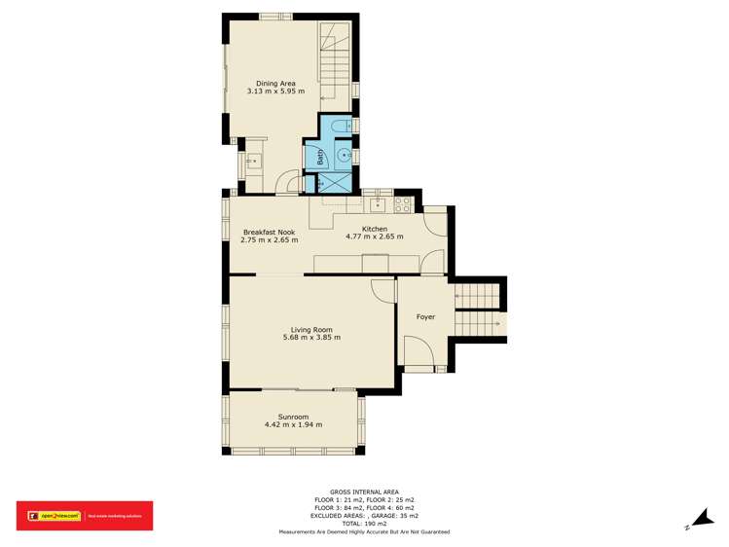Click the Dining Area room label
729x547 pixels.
[275, 83]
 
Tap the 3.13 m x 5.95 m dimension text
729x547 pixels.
[275, 91]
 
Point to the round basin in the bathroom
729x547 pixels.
[343, 154]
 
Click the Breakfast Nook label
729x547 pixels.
[269, 232]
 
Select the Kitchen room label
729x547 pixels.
[375, 229]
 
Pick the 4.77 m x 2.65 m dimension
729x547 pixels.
[375, 237]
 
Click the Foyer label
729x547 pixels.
[425, 317]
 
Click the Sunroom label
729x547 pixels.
[293, 417]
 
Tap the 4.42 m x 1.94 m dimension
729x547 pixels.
[293, 425]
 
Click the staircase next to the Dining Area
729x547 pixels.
[335, 63]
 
